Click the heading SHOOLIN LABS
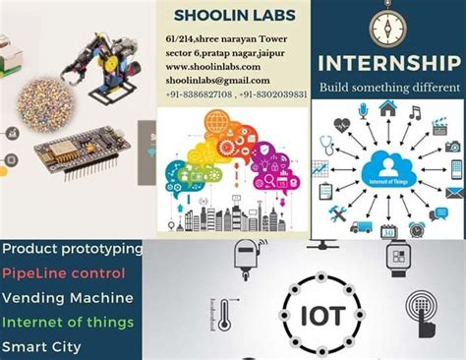[x=233, y=15]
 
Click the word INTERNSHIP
[x=388, y=65]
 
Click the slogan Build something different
[x=388, y=88]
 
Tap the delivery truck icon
[x=361, y=225]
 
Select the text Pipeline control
[x=63, y=272]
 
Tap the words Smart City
[x=40, y=346]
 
